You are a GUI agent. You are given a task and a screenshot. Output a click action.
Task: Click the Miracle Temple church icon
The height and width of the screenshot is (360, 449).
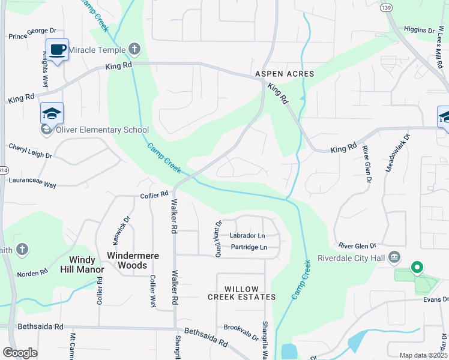(x=134, y=49)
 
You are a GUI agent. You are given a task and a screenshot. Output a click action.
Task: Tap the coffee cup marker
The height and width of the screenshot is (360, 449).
(x=58, y=50)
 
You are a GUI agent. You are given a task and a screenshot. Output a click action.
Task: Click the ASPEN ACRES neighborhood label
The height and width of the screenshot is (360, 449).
(x=285, y=74)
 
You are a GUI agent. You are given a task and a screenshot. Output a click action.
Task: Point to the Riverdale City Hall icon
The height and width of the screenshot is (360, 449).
(x=395, y=257)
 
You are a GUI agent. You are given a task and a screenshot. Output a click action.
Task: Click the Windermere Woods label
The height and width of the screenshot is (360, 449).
(x=133, y=260)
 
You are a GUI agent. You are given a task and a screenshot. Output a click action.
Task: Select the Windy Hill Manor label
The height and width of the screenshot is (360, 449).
(x=86, y=265)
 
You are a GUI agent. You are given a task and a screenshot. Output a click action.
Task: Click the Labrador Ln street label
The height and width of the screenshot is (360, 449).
(x=247, y=236)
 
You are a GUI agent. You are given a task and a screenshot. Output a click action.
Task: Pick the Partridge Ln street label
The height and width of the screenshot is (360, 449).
(x=247, y=247)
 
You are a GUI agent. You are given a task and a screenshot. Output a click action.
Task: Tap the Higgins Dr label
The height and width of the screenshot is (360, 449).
(x=419, y=30)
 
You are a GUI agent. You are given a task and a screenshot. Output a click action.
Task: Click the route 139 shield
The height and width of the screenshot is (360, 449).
(x=386, y=7)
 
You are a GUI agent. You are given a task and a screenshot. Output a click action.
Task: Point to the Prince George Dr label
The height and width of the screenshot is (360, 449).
(x=32, y=37)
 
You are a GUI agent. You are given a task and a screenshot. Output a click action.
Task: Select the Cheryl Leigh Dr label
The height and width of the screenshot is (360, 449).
(x=31, y=151)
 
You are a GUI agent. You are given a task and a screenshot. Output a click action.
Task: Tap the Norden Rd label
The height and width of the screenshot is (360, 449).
(x=32, y=274)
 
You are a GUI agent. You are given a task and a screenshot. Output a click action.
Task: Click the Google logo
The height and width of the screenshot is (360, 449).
(x=20, y=353)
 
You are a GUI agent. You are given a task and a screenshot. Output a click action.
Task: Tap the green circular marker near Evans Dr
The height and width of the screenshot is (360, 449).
(x=415, y=267)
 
